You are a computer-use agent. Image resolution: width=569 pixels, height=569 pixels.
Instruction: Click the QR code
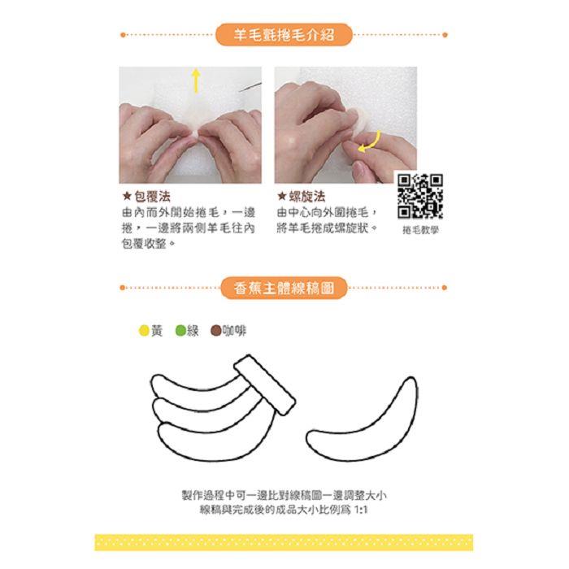pyautogui.click(x=420, y=197)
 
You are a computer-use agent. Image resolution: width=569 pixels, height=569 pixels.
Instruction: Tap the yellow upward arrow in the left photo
pyautogui.click(x=196, y=80)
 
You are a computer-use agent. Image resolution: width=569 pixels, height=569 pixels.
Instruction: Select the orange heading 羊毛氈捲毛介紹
pyautogui.click(x=284, y=35)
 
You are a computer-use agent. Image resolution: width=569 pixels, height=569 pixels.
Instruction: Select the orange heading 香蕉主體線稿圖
pyautogui.click(x=284, y=288)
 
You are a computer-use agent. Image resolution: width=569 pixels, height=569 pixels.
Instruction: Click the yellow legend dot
pyautogui.click(x=144, y=331)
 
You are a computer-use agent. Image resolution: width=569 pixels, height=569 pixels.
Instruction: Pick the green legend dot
pyautogui.click(x=180, y=331)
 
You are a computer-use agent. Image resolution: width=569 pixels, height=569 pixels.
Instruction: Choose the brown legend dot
pyautogui.click(x=216, y=331)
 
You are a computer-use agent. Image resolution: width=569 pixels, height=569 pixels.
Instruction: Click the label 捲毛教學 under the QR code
pyautogui.click(x=420, y=230)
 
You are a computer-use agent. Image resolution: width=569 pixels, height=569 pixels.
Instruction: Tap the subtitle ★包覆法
pyautogui.click(x=146, y=197)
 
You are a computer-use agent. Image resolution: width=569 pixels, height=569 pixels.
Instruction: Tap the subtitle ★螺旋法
pyautogui.click(x=302, y=197)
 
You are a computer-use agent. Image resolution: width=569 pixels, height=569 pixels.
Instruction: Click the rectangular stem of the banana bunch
pyautogui.click(x=264, y=384)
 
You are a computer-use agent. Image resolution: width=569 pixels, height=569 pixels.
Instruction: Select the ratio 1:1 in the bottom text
pyautogui.click(x=361, y=510)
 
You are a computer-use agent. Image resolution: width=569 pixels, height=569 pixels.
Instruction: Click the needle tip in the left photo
pyautogui.click(x=240, y=90)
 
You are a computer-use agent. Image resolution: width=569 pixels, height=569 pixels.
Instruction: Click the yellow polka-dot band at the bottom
pyautogui.click(x=284, y=542)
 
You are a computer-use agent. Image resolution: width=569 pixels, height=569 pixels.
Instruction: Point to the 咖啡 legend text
pyautogui.click(x=234, y=331)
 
